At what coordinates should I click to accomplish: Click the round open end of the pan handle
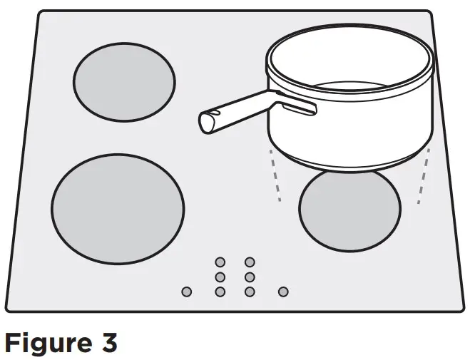pyautogui.click(x=208, y=122)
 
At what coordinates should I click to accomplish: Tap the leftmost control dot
pyautogui.click(x=187, y=292)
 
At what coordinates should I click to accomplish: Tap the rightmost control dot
pyautogui.click(x=283, y=292)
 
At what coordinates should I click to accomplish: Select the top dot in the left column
pyautogui.click(x=220, y=262)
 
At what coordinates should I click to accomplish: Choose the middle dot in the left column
pyautogui.click(x=220, y=277)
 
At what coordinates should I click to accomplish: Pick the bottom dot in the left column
pyautogui.click(x=220, y=292)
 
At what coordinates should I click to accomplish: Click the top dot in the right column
pyautogui.click(x=250, y=262)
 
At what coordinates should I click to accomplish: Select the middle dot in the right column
pyautogui.click(x=250, y=277)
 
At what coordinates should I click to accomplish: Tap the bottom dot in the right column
pyautogui.click(x=250, y=292)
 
